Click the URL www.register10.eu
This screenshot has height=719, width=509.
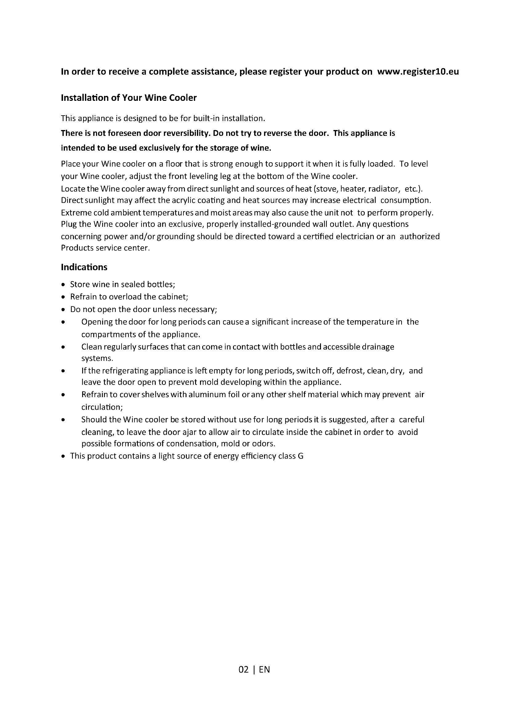418,72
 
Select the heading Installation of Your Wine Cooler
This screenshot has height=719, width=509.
129,98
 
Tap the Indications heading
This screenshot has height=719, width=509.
84,267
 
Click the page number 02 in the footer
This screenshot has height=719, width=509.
243,670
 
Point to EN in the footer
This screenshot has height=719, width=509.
264,670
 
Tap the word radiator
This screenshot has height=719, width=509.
384,189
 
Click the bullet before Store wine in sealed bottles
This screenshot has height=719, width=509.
64,285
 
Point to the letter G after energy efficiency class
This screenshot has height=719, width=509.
301,456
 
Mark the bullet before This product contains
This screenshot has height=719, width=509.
64,456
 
